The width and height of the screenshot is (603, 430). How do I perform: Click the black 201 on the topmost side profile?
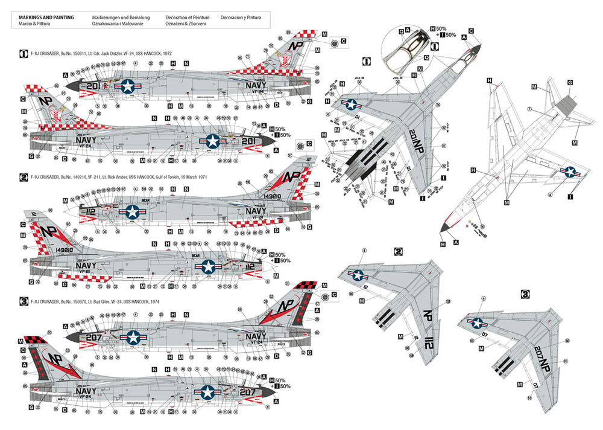coord(92,86)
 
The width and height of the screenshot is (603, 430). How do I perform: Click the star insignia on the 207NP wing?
coord(478,323)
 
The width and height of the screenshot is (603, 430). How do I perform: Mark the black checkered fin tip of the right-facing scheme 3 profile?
coord(305,289)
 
